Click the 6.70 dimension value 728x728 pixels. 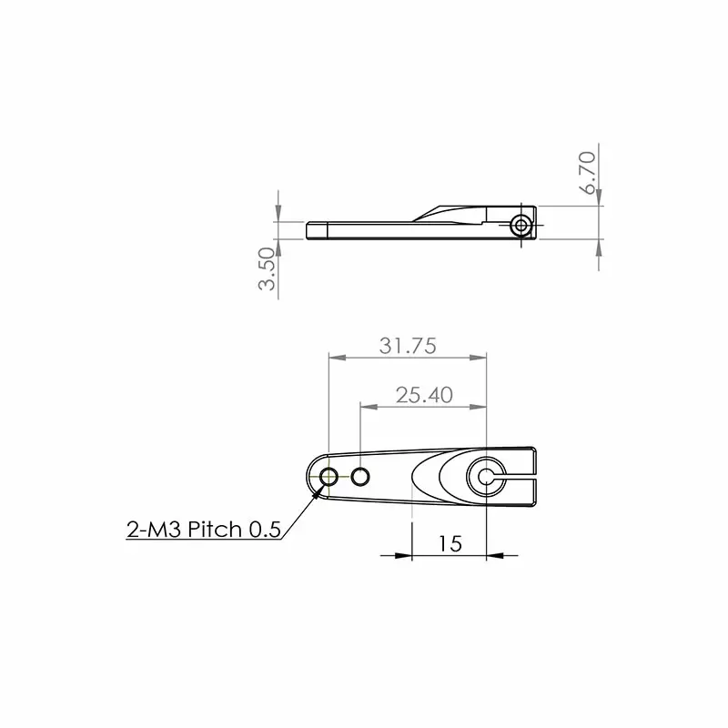click(588, 171)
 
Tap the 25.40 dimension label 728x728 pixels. click(424, 395)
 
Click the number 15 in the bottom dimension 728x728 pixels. click(450, 543)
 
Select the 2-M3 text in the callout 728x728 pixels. click(155, 530)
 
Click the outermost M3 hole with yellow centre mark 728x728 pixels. click(329, 476)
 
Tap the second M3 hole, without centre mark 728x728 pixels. click(361, 476)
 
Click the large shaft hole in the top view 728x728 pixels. click(485, 476)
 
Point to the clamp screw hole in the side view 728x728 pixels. click(521, 225)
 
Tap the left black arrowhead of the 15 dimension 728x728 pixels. click(404, 555)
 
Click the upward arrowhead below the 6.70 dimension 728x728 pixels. click(599, 250)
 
